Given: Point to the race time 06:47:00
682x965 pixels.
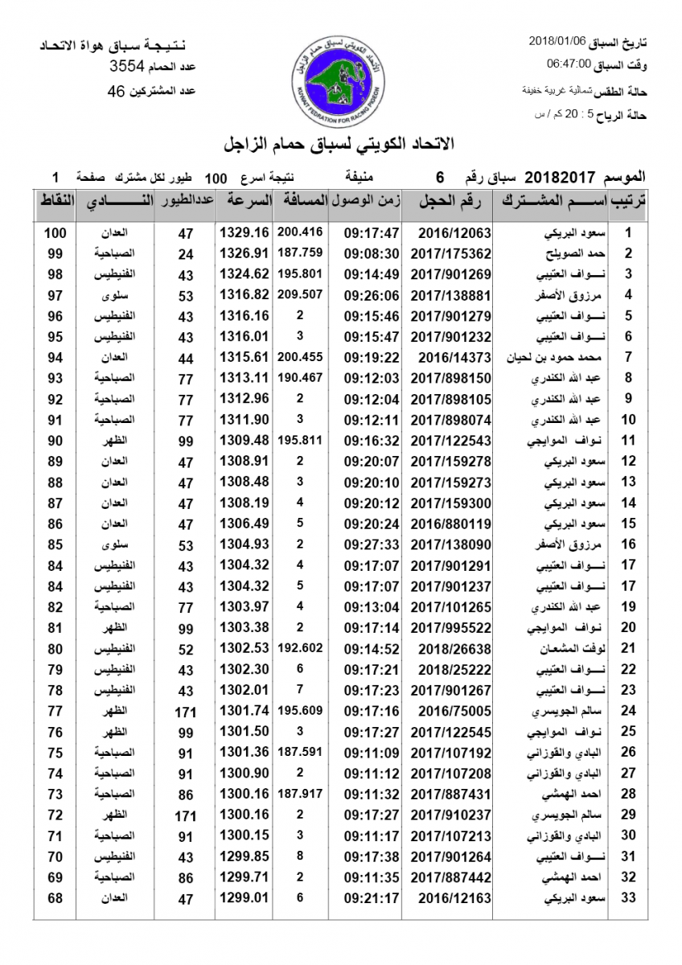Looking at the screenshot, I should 569,63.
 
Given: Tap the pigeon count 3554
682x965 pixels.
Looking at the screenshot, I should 127,68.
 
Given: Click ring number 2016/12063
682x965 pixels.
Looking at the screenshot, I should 454,233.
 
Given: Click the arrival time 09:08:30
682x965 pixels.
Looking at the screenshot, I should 372,253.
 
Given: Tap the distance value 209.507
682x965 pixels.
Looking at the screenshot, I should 299,294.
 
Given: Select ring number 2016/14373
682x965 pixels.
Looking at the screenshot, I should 454,356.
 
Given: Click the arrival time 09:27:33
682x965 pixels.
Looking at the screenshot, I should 372,544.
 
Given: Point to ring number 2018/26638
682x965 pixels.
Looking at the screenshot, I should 454,647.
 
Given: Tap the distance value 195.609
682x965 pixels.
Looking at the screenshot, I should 299,709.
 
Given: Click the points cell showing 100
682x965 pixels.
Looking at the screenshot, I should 55,233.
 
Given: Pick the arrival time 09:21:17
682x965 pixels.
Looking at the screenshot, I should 372,897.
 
